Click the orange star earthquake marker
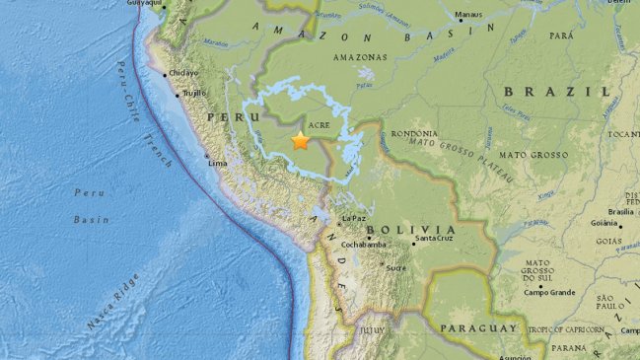coord(301,141)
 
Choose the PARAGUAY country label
coord(478,327)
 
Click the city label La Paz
coord(354,218)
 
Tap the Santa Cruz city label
coord(433,239)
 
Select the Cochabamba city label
coord(363,244)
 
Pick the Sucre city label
coord(396,266)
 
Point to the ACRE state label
coord(318,127)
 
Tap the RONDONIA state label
coord(413,134)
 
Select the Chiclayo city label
coord(184,72)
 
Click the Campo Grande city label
coord(549,291)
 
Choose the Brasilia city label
coord(620,211)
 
